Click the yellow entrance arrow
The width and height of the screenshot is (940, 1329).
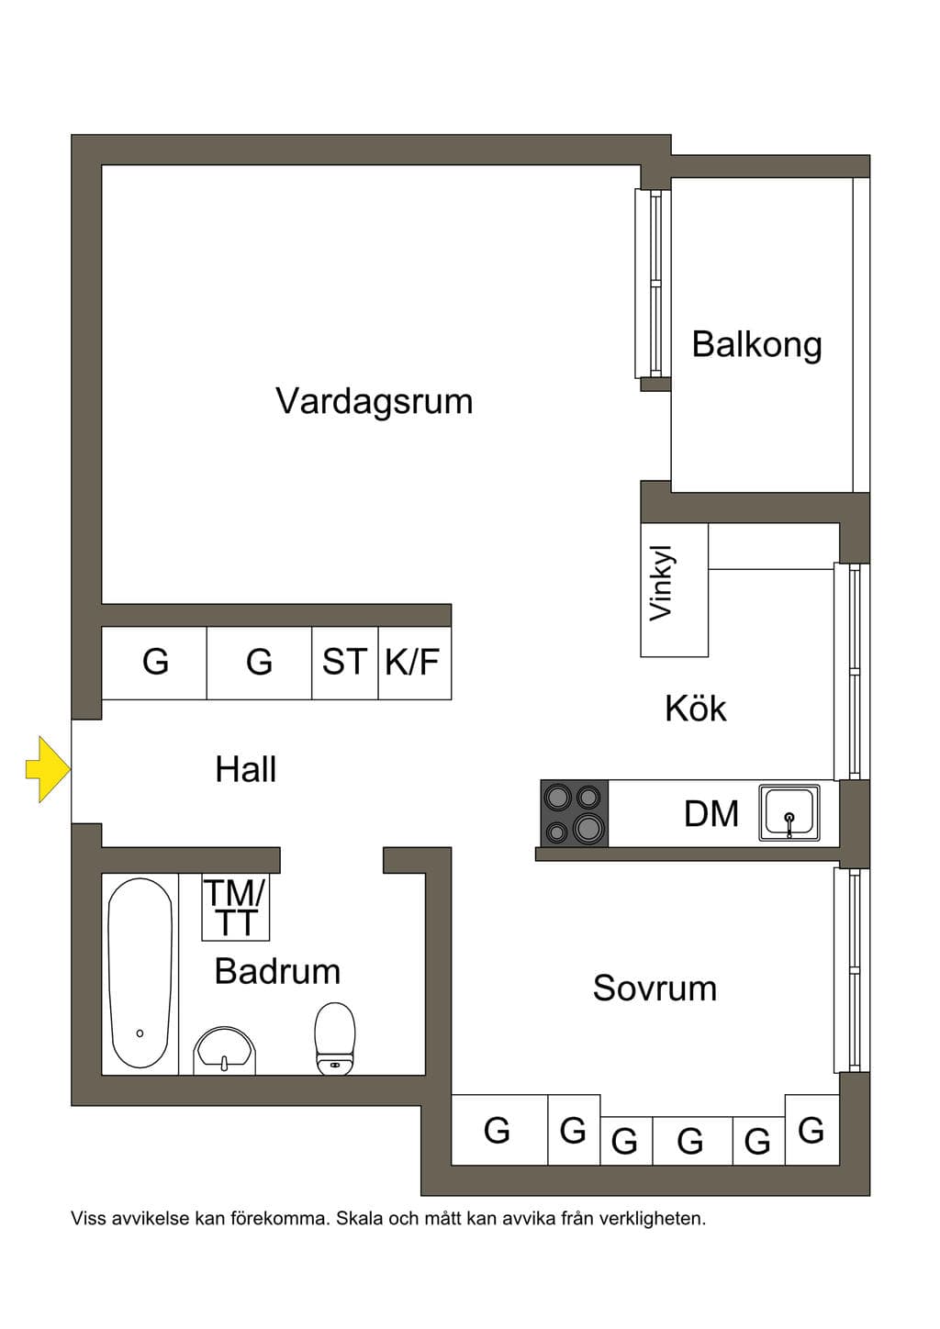(49, 769)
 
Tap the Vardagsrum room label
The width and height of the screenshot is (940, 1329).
(375, 401)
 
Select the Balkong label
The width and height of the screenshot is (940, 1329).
(756, 345)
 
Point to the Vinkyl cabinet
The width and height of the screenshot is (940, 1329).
(674, 590)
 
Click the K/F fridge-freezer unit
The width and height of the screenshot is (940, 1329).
(415, 663)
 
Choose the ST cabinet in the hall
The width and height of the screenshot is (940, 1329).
(345, 663)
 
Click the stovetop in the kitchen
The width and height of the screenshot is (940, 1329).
(575, 813)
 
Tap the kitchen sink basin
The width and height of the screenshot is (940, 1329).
(789, 813)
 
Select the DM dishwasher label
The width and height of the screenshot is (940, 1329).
(711, 813)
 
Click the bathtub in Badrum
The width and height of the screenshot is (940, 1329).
(140, 973)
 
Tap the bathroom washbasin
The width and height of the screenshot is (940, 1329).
(224, 1051)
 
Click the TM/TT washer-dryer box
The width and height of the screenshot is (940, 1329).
(236, 907)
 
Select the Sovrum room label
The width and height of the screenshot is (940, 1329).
(655, 988)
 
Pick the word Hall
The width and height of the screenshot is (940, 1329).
(246, 769)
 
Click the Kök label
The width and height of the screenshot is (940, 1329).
(696, 708)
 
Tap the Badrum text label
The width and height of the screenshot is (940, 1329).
(277, 971)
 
